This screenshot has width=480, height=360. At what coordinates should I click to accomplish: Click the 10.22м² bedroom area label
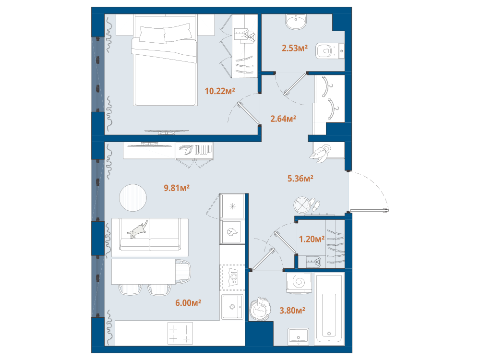click(220, 91)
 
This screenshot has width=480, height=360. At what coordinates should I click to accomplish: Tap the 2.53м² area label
click(295, 48)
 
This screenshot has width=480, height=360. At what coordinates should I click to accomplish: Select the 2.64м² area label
click(283, 119)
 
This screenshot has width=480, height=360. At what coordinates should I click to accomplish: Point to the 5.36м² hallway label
click(300, 178)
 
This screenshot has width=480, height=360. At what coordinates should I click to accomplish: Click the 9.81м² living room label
click(177, 188)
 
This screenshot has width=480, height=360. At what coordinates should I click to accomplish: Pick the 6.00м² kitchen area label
click(188, 303)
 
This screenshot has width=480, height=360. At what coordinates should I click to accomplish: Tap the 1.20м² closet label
click(312, 239)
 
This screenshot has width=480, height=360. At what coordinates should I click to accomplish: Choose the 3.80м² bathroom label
click(292, 311)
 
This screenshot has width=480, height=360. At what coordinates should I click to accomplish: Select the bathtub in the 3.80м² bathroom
click(329, 309)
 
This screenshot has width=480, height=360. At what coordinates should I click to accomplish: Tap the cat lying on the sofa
click(137, 229)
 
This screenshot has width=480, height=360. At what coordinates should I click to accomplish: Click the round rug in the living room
click(133, 197)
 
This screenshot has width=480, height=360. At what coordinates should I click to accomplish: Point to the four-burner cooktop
click(180, 334)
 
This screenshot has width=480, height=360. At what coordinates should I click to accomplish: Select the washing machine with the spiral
click(299, 282)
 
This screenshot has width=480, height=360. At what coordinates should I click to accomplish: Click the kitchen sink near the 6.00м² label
click(232, 307)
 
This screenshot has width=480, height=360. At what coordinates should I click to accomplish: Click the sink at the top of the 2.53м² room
click(296, 22)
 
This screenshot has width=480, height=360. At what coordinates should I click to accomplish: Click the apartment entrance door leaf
click(369, 210)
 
